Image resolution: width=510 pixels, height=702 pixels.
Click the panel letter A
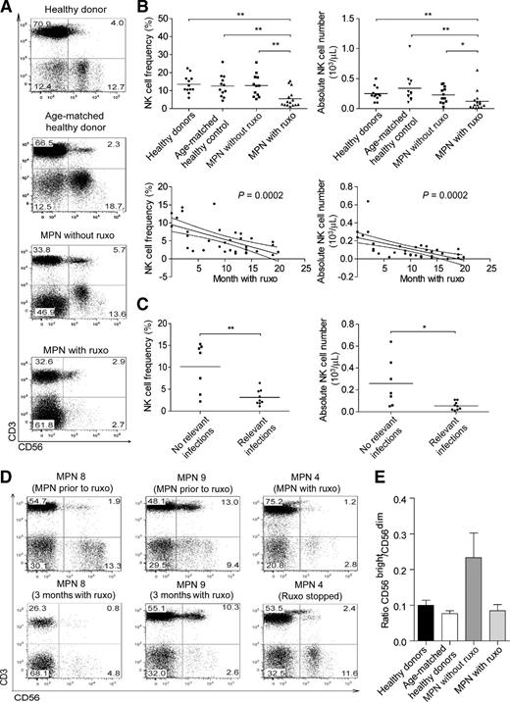coord(8,8)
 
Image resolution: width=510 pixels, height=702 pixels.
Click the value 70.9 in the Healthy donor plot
coord(42,21)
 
